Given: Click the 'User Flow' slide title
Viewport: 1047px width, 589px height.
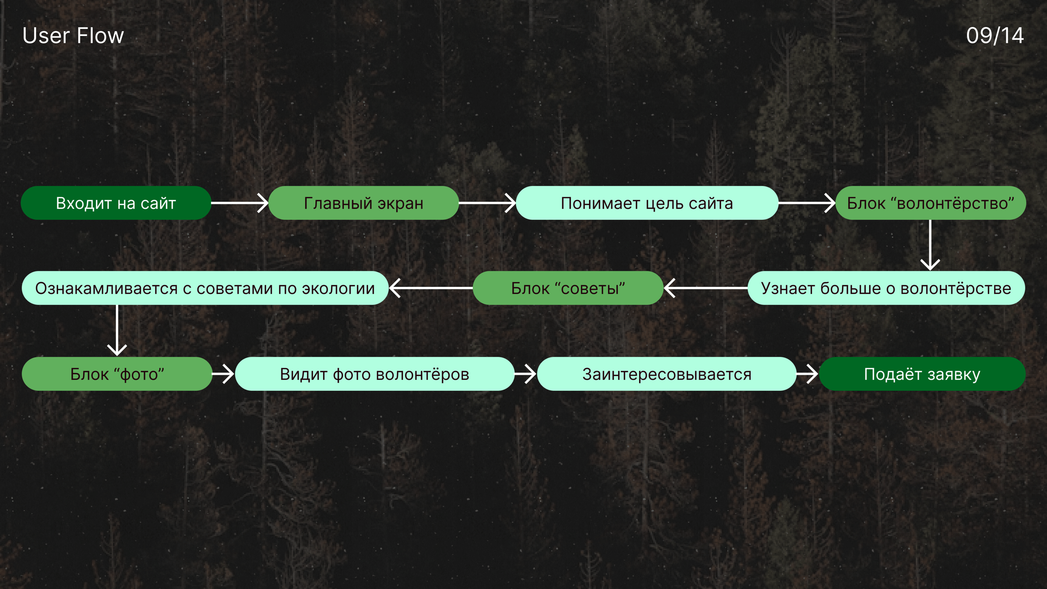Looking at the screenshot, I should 73,36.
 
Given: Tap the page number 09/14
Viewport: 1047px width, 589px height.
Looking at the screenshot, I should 994,36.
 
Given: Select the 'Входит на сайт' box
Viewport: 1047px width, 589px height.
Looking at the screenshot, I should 116,203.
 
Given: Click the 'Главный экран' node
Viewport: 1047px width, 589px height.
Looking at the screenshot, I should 364,203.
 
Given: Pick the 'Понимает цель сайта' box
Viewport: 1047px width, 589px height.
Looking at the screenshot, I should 647,203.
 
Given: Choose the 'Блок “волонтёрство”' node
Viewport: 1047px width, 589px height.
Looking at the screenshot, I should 930,203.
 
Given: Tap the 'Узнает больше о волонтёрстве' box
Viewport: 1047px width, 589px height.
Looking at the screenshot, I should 886,288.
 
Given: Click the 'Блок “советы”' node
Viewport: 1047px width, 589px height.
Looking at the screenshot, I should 568,288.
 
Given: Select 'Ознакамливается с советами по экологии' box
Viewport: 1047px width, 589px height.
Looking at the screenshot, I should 205,288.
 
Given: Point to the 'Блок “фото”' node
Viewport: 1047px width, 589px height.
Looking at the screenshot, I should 117,374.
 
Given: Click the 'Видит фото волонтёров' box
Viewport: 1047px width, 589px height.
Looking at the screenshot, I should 374,374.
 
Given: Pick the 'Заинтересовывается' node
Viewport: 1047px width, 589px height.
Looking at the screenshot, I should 666,374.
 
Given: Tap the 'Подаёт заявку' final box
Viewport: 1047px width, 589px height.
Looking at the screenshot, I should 922,374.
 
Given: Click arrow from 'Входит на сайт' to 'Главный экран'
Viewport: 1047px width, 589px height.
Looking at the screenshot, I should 240,203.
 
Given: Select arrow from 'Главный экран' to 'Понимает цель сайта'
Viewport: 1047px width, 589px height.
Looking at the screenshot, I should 487,203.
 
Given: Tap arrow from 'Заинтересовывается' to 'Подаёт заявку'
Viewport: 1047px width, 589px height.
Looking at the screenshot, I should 807,374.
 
